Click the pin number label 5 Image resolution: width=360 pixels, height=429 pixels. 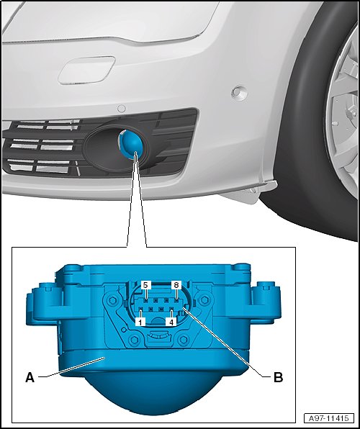click(146, 285)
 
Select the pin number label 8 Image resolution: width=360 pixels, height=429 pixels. click(176, 285)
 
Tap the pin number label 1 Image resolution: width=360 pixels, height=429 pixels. click(140, 322)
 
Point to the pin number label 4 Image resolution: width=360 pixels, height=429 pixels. click(171, 322)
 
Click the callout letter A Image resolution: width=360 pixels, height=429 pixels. click(30, 378)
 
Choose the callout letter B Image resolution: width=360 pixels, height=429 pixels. click(279, 378)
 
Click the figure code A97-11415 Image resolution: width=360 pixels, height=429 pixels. click(329, 418)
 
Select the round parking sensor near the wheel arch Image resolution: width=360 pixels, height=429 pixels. click(239, 92)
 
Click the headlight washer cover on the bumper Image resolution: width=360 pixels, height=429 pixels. click(86, 70)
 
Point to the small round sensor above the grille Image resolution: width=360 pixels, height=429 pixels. click(121, 109)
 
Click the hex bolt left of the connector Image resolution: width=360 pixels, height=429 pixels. click(112, 300)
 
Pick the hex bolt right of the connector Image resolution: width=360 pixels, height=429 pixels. click(204, 300)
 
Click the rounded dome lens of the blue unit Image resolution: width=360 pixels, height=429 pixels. click(154, 392)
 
